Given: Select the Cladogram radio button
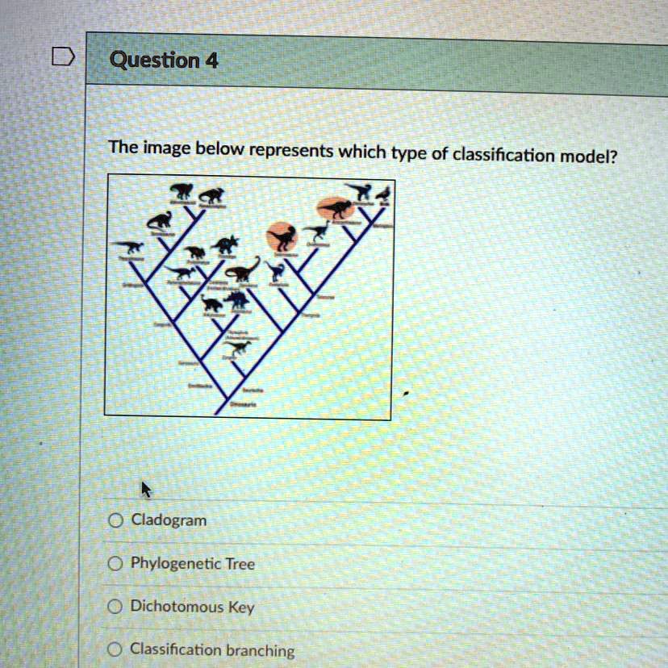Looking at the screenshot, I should (x=117, y=521).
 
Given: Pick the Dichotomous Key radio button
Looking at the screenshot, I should (x=117, y=606).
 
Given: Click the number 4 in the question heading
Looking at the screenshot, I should (x=211, y=61).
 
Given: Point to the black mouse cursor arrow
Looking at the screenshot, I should (x=146, y=489).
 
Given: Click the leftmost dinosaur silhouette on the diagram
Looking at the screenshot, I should (x=128, y=248).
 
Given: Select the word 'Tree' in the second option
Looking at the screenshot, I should (x=240, y=565).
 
